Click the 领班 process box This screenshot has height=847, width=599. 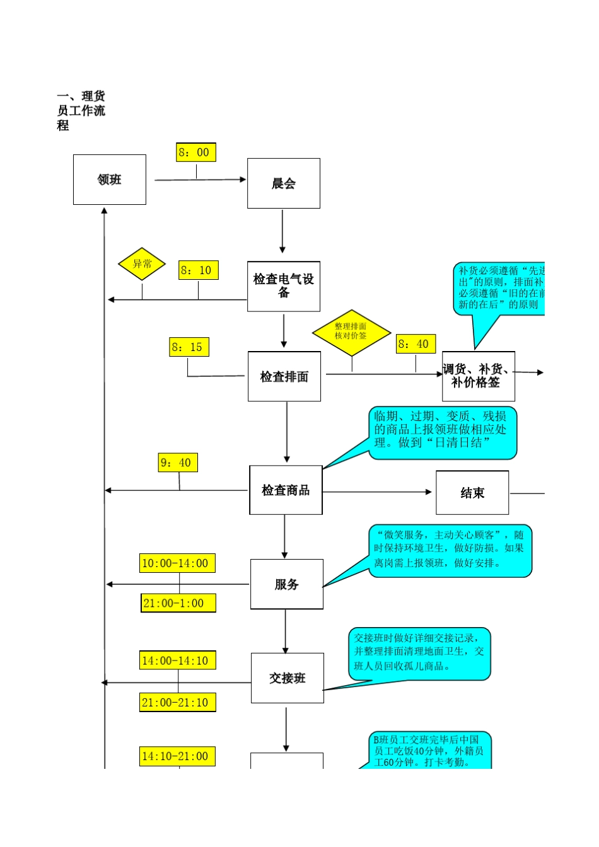pyautogui.click(x=110, y=180)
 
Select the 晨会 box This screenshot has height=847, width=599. pyautogui.click(x=284, y=183)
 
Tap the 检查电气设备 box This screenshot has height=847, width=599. pyautogui.click(x=284, y=286)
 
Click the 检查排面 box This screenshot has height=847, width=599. pyautogui.click(x=284, y=376)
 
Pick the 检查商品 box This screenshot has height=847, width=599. pyautogui.click(x=286, y=490)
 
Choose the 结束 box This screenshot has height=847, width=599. pyautogui.click(x=472, y=493)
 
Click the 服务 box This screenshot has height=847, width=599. pyautogui.click(x=287, y=584)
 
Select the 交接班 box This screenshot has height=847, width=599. pyautogui.click(x=288, y=678)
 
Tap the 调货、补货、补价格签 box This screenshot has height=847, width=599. pyautogui.click(x=478, y=376)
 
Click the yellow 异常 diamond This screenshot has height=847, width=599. pyautogui.click(x=142, y=264)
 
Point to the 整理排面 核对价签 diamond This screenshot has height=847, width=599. pyautogui.click(x=351, y=332)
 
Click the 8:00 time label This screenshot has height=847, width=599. pyautogui.click(x=196, y=153)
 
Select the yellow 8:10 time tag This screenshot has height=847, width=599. pyautogui.click(x=198, y=270)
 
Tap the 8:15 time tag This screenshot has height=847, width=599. pyautogui.click(x=189, y=347)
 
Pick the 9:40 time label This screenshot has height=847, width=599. pyautogui.click(x=178, y=463)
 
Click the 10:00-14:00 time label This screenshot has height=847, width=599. pyautogui.click(x=177, y=563)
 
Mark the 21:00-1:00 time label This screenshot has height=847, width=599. pyautogui.click(x=178, y=603)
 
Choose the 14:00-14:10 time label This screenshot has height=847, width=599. pyautogui.click(x=177, y=660)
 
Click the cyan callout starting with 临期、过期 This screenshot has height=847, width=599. pyautogui.click(x=442, y=432)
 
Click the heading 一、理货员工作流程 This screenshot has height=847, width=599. pyautogui.click(x=81, y=111)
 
